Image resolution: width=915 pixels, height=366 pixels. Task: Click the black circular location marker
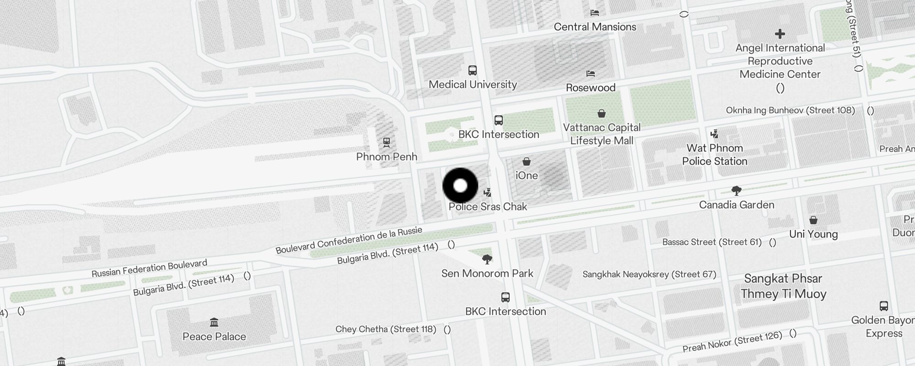coord(460,186)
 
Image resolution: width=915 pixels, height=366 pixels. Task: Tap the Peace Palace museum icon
coord(214,323)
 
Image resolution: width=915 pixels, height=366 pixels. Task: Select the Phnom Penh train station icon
coord(387,142)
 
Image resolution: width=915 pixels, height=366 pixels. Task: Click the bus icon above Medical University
coord(473,70)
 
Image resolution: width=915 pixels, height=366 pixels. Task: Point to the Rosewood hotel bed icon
coord(591,73)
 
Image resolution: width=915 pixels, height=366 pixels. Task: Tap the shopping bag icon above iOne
coord(527,161)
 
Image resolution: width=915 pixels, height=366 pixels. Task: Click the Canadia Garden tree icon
coord(736,190)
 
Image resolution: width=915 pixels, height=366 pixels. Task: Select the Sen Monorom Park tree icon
coord(487,259)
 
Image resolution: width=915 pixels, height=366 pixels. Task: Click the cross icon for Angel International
coord(780,34)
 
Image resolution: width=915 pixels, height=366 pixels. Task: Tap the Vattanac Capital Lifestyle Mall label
coord(602,134)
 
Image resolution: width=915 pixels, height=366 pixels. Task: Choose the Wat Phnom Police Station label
coord(715,155)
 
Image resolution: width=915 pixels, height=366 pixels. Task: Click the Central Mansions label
coord(595,27)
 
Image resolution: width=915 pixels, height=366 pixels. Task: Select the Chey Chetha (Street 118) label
coord(386,329)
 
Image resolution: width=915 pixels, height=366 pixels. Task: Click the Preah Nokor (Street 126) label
coord(732,342)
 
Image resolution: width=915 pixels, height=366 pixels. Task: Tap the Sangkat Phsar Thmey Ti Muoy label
coord(783,286)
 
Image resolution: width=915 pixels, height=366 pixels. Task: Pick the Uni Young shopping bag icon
coord(813,221)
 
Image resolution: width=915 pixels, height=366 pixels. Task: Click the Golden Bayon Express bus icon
coord(883,306)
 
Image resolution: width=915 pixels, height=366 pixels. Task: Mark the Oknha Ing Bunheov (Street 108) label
coord(790,110)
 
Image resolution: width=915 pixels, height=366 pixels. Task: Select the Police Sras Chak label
coord(488,207)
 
